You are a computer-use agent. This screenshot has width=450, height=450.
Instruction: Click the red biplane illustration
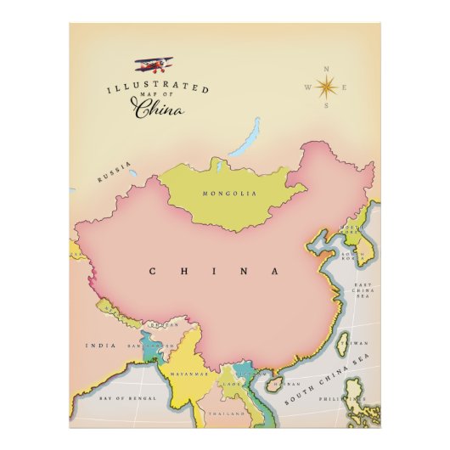pyautogui.click(x=154, y=65)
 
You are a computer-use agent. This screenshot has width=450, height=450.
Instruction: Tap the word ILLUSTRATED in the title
pyautogui.click(x=158, y=88)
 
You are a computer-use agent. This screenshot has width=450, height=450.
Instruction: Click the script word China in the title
pyautogui.click(x=156, y=109)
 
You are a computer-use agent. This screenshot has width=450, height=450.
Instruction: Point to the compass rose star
pyautogui.click(x=325, y=87)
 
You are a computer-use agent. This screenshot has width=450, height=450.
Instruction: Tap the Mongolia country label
pyautogui.click(x=228, y=194)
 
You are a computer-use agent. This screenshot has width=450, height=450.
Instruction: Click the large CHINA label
pyautogui.click(x=214, y=271)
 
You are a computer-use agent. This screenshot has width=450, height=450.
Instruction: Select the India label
pyautogui.click(x=101, y=346)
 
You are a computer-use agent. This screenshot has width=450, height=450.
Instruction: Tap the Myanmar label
pyautogui.click(x=189, y=374)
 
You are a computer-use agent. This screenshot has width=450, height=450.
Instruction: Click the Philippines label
pyautogui.click(x=337, y=397)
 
